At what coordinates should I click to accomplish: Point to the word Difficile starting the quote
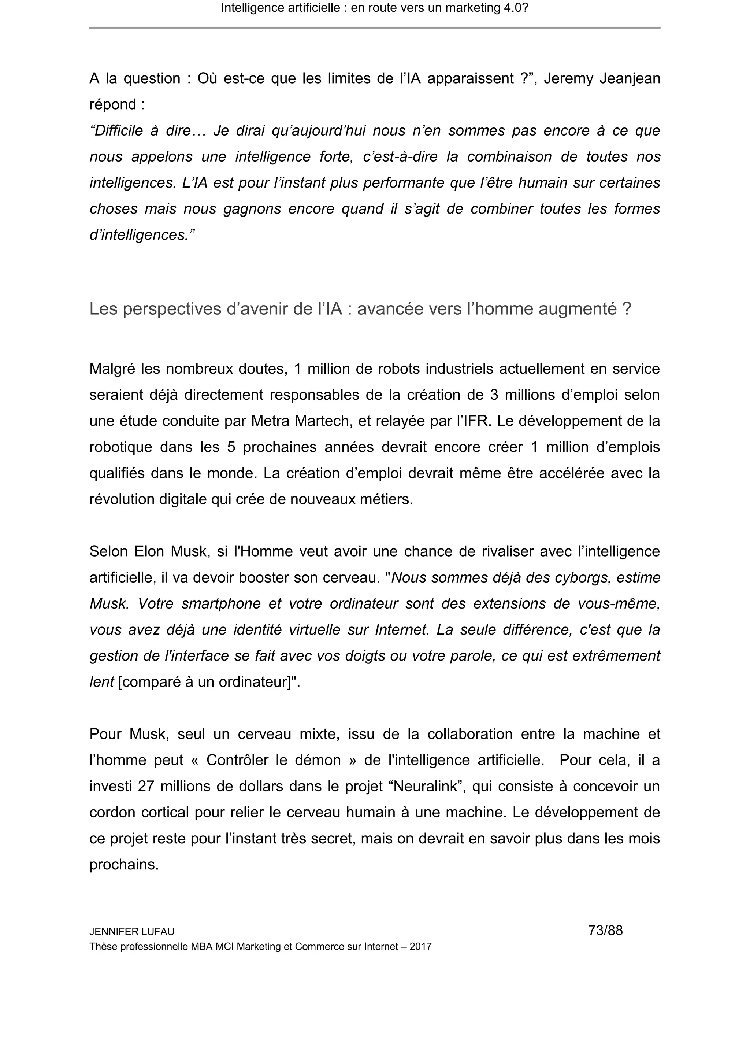pyautogui.click(x=116, y=131)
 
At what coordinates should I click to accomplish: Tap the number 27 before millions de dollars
pyautogui.click(x=145, y=787)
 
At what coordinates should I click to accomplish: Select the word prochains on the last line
pyautogui.click(x=124, y=865)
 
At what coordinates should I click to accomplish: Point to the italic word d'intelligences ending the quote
pyautogui.click(x=142, y=235)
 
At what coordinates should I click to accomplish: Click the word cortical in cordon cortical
pyautogui.click(x=164, y=812)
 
